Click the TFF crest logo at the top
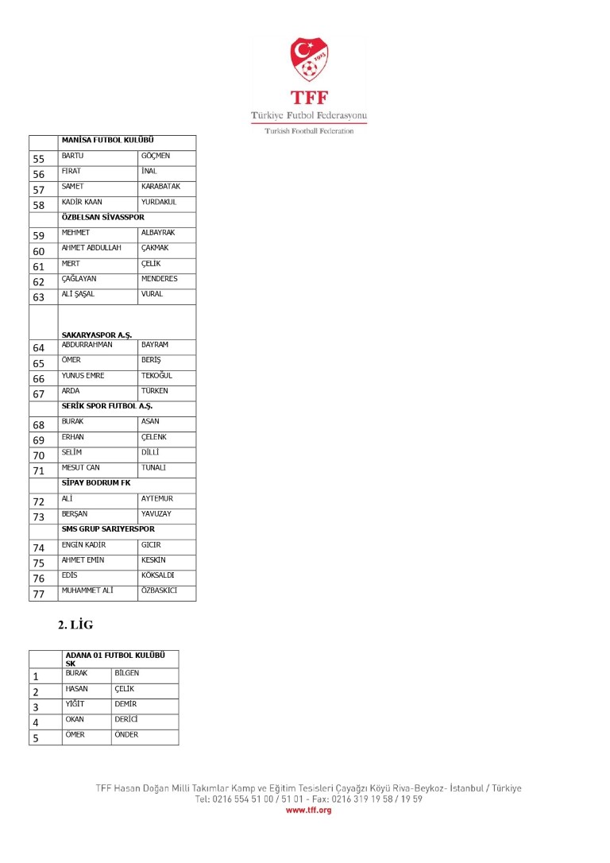309,60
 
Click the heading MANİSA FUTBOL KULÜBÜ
107,140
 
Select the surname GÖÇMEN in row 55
156,156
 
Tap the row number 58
39,205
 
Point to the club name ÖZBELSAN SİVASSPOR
103,217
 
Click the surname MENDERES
160,279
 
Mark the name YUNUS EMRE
83,376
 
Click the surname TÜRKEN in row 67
156,391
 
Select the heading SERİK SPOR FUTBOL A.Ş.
107,406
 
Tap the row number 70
39,455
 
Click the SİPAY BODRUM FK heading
96,483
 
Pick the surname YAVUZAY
156,514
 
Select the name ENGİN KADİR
83,545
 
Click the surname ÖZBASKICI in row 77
159,591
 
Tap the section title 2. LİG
75,625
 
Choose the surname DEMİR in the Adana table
126,704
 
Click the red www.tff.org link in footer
308,810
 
